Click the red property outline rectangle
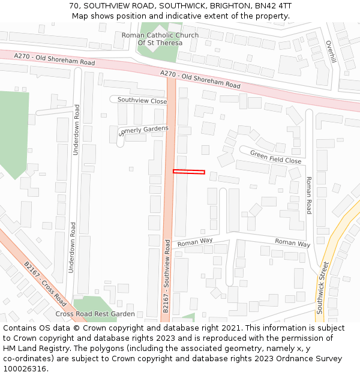189,172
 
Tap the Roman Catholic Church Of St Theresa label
160,39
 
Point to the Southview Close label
142,101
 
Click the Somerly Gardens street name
144,130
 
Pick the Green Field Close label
275,157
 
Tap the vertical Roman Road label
309,195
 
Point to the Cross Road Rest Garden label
95,314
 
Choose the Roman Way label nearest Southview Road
195,242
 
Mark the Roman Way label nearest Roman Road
292,242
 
